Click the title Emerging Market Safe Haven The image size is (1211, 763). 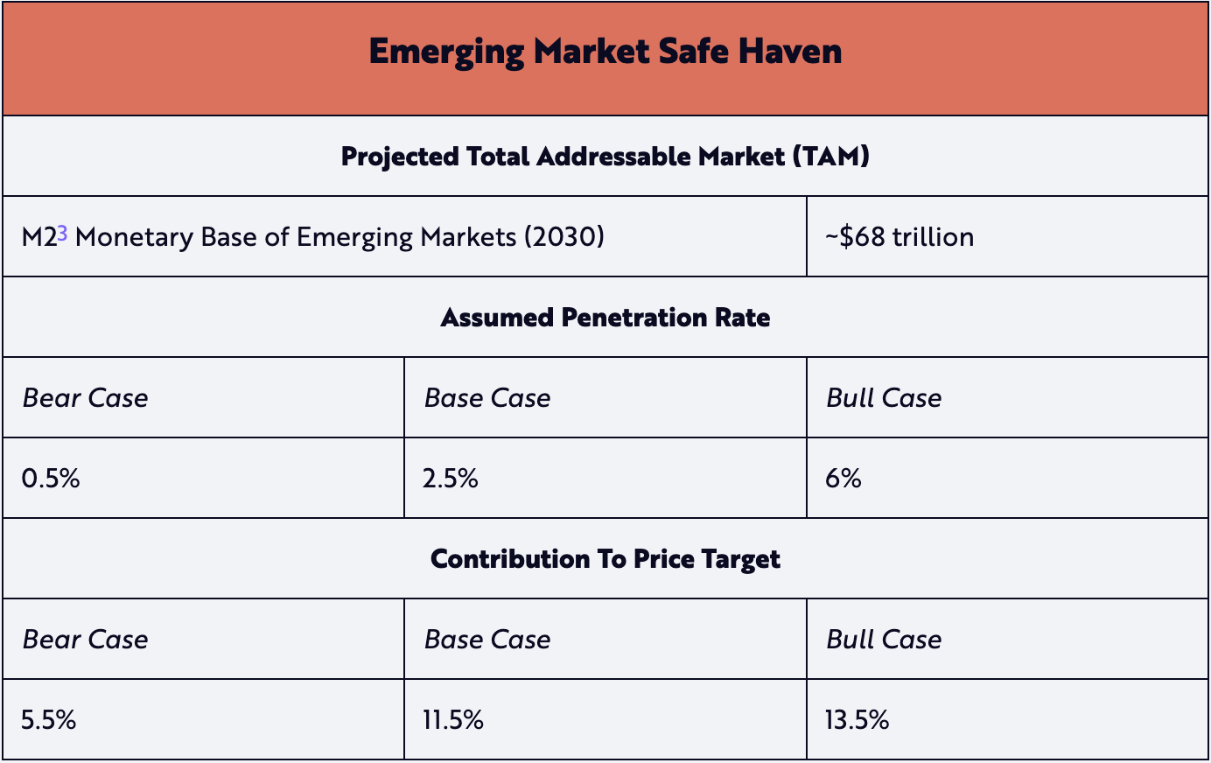coord(605,52)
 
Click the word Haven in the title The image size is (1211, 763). coord(790,52)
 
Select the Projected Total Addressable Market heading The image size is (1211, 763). coord(605,157)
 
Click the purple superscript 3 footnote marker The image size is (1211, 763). coord(62,233)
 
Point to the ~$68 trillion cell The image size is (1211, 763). coord(899,237)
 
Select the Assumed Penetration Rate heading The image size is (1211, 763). coord(605,318)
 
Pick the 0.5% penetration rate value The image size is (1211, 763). coord(51,479)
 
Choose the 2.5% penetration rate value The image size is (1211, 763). coord(450,479)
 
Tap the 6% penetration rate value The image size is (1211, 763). coord(843,479)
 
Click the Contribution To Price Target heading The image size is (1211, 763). coord(605,559)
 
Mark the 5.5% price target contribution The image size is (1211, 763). coord(49,720)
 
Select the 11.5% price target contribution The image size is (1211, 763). coord(452,720)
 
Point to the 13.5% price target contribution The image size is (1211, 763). coord(857,720)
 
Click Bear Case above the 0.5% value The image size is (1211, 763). coord(85,398)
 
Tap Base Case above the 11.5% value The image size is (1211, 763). coord(487,640)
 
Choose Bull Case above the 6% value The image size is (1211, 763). coord(884,398)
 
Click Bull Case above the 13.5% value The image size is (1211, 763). coord(884,640)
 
